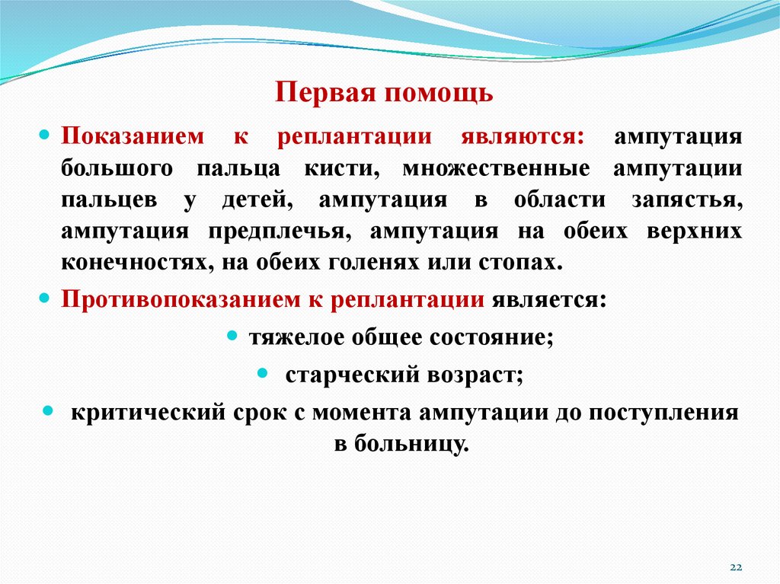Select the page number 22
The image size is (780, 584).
(x=736, y=567)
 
